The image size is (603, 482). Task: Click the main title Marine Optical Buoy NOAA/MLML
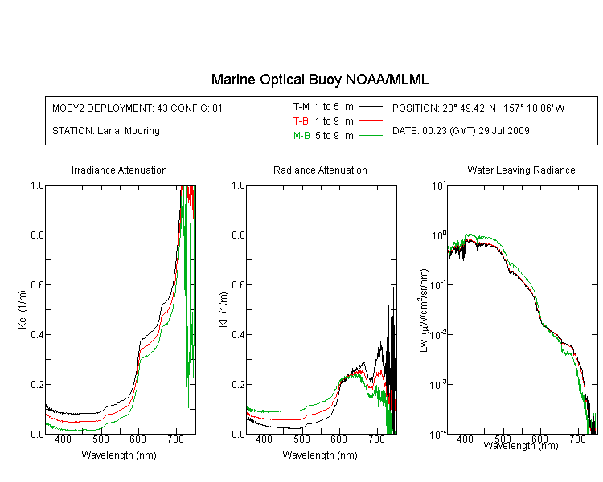[319, 80]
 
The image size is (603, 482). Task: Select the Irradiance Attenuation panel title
[119, 170]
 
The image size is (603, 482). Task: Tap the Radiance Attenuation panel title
[320, 170]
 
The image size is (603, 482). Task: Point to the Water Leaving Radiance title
[521, 170]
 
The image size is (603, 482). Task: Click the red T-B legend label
[301, 121]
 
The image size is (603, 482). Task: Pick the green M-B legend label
[301, 136]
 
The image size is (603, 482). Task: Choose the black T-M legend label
[301, 107]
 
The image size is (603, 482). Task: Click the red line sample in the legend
[371, 121]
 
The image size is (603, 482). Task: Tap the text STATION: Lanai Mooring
[106, 131]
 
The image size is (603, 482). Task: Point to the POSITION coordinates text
[478, 108]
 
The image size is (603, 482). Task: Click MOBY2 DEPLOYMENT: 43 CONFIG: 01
[137, 108]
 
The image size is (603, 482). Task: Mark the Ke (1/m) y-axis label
[23, 309]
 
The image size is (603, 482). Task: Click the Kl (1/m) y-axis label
[224, 309]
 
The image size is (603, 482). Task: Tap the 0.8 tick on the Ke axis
[37, 235]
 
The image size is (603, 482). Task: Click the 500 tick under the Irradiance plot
[100, 439]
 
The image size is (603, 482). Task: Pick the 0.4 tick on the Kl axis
[238, 334]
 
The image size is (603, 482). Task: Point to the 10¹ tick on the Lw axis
[438, 186]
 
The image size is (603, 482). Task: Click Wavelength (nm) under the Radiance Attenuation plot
[320, 455]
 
